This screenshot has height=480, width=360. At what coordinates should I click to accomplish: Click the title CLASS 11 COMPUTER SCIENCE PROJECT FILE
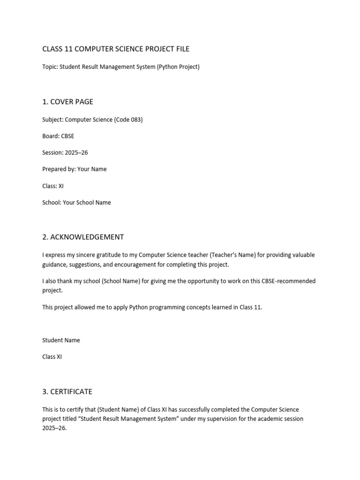pyautogui.click(x=116, y=49)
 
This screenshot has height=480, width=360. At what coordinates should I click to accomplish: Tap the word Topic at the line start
pyautogui.click(x=50, y=67)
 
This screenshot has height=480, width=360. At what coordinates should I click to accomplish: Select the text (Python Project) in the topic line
pyautogui.click(x=179, y=67)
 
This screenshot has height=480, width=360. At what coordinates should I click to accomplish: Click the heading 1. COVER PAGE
pyautogui.click(x=67, y=102)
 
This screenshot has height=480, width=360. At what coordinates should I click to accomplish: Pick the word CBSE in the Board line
pyautogui.click(x=67, y=136)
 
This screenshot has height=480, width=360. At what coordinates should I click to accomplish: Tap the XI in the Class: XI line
pyautogui.click(x=60, y=186)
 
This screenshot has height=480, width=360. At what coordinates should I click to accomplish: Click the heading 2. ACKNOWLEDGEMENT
pyautogui.click(x=83, y=237)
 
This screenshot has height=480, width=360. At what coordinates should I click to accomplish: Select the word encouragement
pyautogui.click(x=153, y=264)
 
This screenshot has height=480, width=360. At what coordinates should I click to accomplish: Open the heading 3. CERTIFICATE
pyautogui.click(x=67, y=391)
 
